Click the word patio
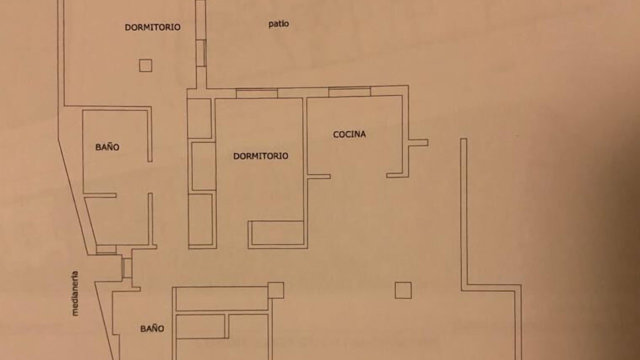278,24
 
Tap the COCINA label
349,134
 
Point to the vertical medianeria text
75,293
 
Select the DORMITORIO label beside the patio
152,27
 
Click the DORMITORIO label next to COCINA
260,156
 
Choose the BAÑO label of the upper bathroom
107,147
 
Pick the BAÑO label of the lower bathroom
152,328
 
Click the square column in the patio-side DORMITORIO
145,65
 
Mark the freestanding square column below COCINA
403,290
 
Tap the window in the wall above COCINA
349,91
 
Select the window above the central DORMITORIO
256,93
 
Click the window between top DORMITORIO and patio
201,53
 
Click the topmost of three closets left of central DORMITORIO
199,118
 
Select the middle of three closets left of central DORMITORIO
203,166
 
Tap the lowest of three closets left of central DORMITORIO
200,219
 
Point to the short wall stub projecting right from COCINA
418,142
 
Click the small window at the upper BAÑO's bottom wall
106,249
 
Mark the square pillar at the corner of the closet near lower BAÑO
275,290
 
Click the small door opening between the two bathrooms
126,268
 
